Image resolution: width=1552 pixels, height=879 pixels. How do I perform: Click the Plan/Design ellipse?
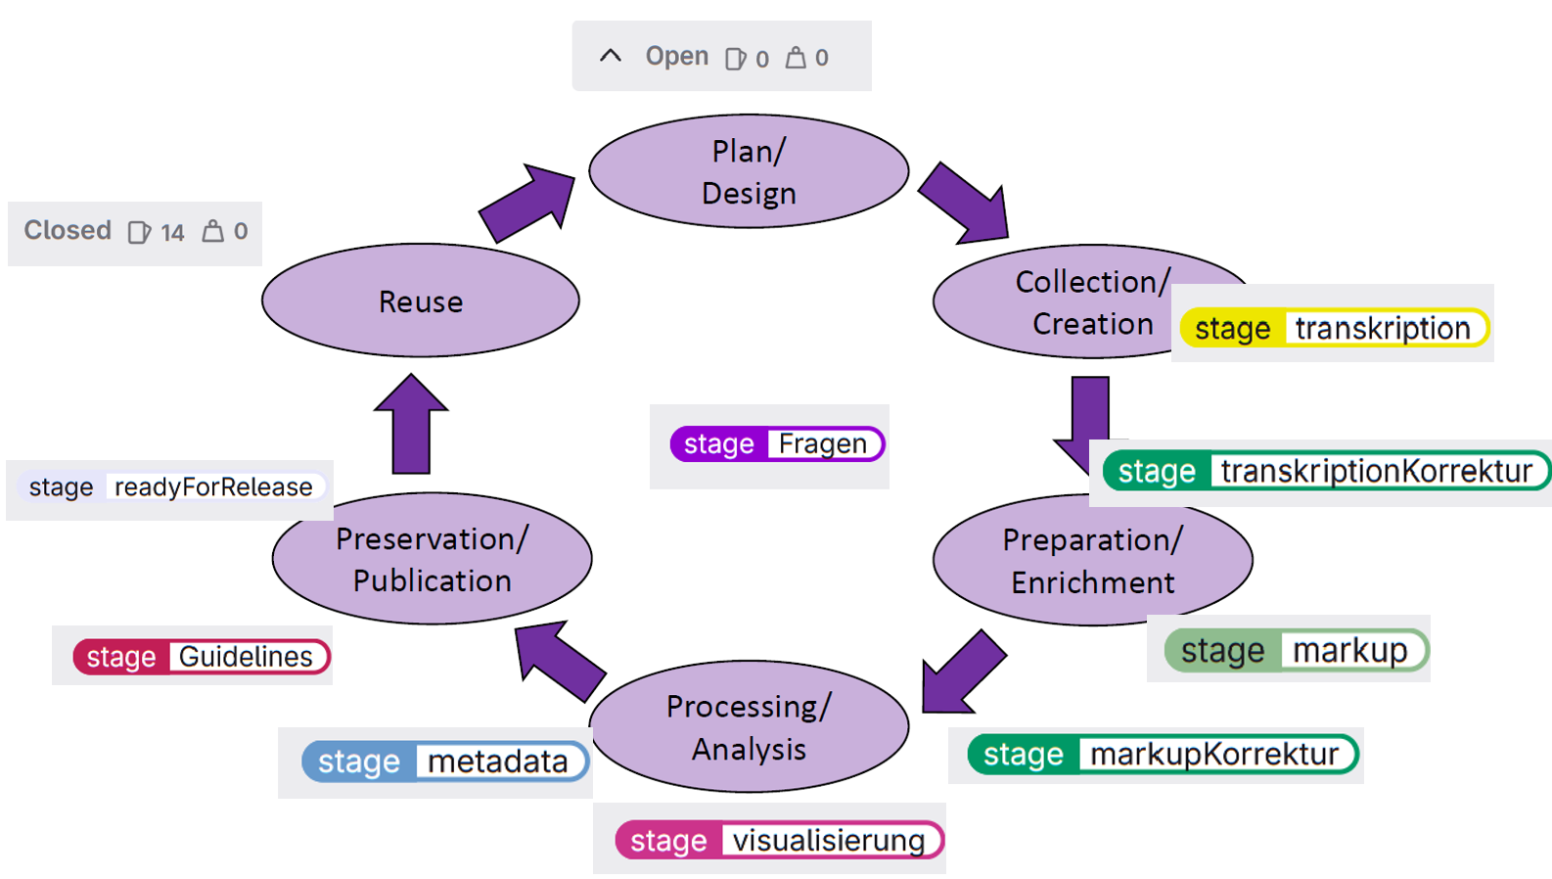749,171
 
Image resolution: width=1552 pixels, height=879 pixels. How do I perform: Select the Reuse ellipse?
421,301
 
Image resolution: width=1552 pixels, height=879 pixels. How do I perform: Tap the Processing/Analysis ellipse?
749,726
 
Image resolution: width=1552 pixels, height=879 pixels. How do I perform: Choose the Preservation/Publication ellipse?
433,559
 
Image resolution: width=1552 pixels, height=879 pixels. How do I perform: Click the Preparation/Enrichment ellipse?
1093,560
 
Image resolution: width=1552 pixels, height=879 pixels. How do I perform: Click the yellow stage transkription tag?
1335,328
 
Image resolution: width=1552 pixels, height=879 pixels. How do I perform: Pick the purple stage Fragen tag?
777,443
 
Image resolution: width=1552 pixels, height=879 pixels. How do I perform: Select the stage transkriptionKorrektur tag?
1326,472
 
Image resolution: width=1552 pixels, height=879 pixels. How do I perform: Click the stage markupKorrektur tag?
1164,755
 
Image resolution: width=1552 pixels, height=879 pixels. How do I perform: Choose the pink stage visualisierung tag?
780,840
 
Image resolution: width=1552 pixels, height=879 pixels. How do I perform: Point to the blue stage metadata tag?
445,762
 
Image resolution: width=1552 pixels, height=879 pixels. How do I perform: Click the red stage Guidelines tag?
202,657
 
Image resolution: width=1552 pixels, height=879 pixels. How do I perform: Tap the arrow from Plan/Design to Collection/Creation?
965,204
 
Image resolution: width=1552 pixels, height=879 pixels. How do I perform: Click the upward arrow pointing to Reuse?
411,424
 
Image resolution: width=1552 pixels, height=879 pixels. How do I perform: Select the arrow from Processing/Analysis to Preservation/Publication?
560,660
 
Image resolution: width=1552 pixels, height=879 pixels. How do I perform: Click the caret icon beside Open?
611,56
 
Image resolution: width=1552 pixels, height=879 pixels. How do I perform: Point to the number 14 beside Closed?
172,232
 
